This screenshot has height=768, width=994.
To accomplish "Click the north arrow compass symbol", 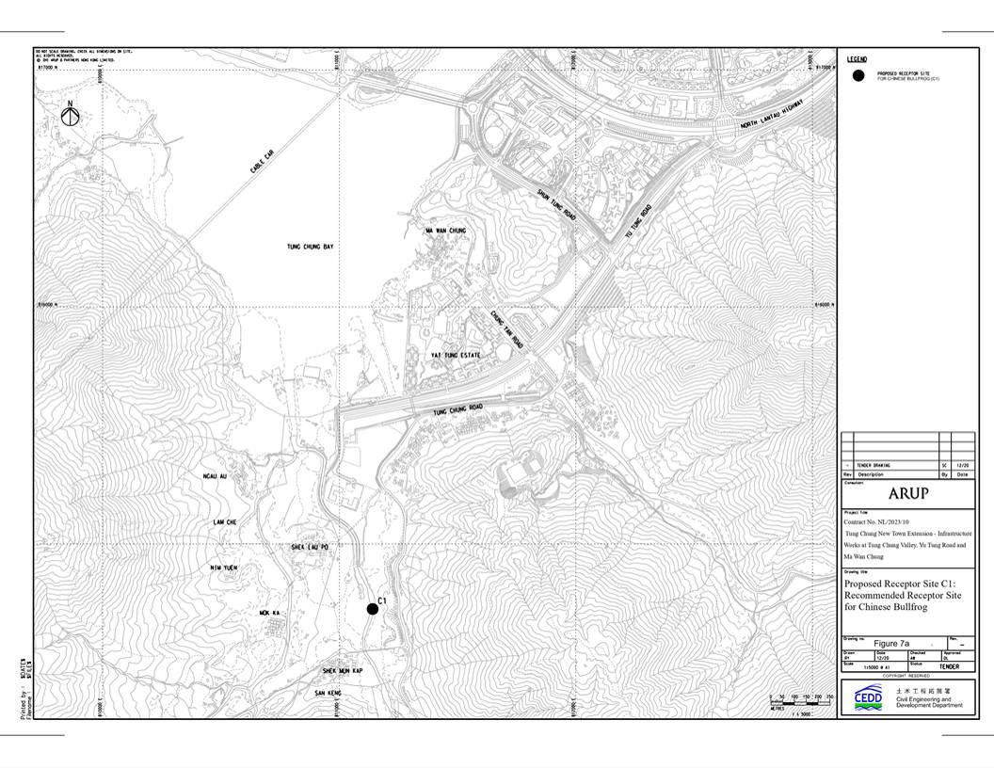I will click(69, 115).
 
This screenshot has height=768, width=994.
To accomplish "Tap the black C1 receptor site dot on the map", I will click(373, 610).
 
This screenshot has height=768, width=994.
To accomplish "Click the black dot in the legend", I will click(857, 76).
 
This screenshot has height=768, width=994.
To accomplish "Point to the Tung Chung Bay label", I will click(311, 247).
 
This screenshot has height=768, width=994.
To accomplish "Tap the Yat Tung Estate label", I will click(456, 355).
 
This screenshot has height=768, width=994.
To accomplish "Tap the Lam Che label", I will click(224, 521).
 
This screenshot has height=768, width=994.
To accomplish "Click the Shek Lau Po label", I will click(310, 546).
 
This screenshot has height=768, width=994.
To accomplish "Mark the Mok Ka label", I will click(270, 613).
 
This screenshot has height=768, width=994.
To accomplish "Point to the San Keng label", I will click(329, 694).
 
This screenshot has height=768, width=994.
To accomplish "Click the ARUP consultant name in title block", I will click(907, 493).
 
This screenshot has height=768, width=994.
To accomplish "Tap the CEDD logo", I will click(868, 697).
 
